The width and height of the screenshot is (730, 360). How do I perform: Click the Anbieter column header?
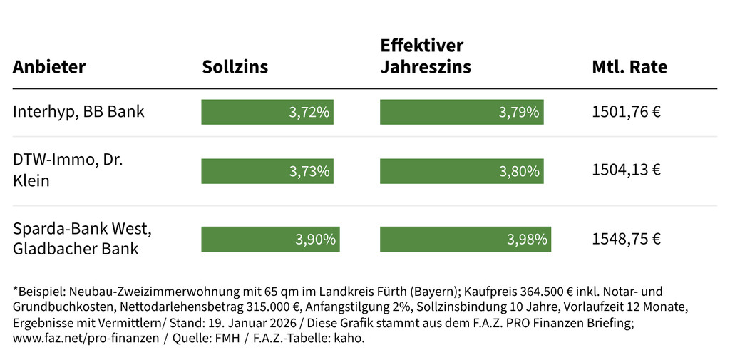point(49,68)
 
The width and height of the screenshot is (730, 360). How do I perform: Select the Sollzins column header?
point(235,68)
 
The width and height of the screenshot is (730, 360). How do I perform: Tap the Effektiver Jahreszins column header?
point(426,56)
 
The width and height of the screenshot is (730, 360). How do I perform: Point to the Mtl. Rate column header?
point(629,68)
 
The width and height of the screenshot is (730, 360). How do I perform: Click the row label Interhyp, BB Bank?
point(78,112)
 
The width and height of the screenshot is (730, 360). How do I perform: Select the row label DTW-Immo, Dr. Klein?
point(68,170)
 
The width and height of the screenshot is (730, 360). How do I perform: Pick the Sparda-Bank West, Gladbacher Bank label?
point(82,239)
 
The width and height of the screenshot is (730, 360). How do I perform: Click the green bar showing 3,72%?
point(267,112)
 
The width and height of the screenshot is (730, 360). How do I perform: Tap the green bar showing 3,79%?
point(461,112)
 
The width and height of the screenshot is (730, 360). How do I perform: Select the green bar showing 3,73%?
point(267,170)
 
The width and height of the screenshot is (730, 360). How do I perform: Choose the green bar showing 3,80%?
point(462,170)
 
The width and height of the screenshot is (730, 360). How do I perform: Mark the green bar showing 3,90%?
point(270,240)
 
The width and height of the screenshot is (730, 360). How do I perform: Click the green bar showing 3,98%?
point(466,240)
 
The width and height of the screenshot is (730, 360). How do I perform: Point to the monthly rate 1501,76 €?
point(627,112)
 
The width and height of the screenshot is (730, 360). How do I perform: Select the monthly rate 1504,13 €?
point(627,170)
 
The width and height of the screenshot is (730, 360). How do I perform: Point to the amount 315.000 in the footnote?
point(256,307)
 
